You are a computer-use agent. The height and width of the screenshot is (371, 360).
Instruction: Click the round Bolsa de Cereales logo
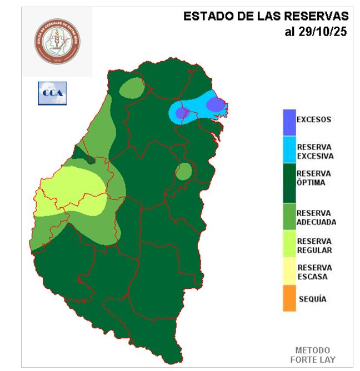(x=57, y=42)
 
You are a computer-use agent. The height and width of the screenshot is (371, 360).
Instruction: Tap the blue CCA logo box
(x=52, y=93)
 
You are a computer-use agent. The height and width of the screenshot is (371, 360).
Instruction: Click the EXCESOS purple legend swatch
(x=288, y=122)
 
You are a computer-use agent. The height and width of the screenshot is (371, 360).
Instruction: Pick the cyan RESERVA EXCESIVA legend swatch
(x=288, y=149)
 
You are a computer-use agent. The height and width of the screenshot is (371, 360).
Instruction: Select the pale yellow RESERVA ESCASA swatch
(x=288, y=272)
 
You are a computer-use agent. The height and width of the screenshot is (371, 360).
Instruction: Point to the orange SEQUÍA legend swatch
(x=288, y=299)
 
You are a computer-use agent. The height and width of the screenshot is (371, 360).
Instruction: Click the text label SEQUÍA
(x=312, y=299)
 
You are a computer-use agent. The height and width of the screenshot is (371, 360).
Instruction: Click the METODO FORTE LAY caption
(x=312, y=354)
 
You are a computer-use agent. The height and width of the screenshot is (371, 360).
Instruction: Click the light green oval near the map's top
(x=131, y=88)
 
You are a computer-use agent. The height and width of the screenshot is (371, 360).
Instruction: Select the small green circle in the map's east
(x=183, y=172)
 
